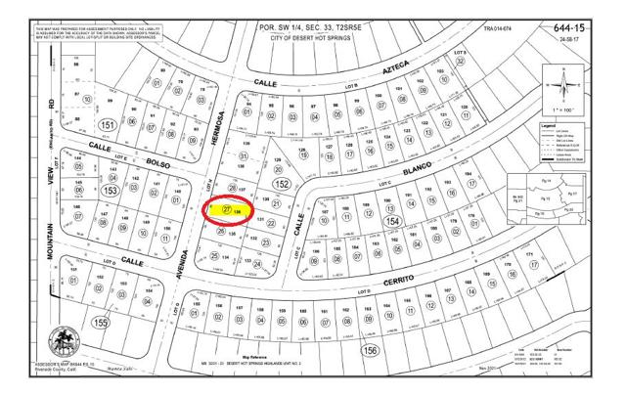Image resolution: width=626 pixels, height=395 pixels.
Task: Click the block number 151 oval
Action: point(107,125)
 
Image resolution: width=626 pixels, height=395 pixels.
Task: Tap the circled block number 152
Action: point(281,183)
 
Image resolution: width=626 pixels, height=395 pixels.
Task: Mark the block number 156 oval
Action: point(371,349)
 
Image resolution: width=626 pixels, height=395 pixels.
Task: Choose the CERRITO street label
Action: point(400,278)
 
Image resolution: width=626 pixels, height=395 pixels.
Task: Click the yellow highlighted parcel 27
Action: point(227,209)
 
